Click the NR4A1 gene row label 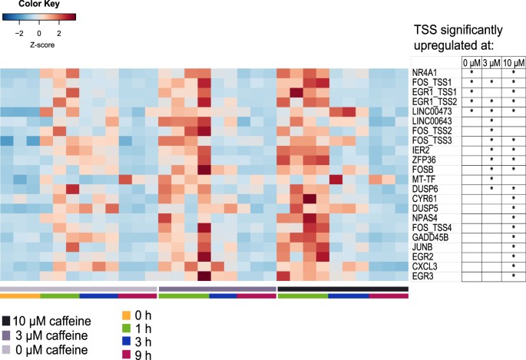click(x=425, y=71)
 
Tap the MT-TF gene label click(x=424, y=179)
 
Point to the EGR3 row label click(x=423, y=275)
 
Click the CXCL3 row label click(x=425, y=265)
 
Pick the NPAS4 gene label click(x=425, y=217)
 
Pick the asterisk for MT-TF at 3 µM click(x=491, y=180)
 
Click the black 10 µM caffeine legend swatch click(x=6, y=320)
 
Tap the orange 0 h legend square click(x=127, y=314)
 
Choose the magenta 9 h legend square click(x=127, y=354)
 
